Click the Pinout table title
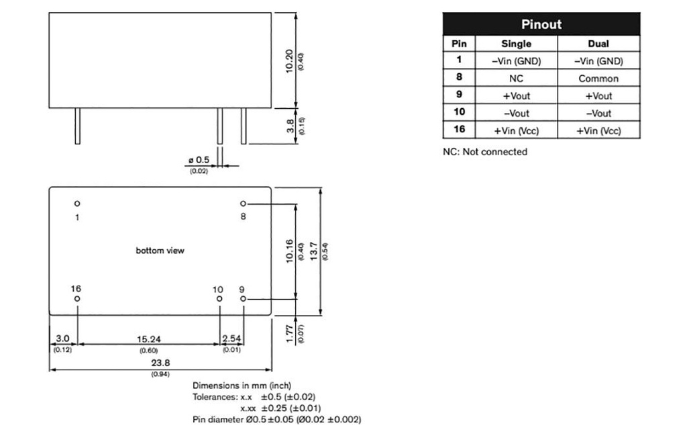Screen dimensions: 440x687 pyautogui.click(x=541, y=24)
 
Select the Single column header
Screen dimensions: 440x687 pyautogui.click(x=516, y=44)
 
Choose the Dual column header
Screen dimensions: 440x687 pyautogui.click(x=598, y=44)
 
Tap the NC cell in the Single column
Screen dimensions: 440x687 pyautogui.click(x=516, y=79)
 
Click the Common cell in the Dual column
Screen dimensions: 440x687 pyautogui.click(x=598, y=79)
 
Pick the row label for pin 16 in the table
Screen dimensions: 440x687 pyautogui.click(x=460, y=130)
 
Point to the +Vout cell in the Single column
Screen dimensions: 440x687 pyautogui.click(x=516, y=95)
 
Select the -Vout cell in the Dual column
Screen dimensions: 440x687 pyautogui.click(x=598, y=113)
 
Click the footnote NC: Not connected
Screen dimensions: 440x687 pyautogui.click(x=485, y=152)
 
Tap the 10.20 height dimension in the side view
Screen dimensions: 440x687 pyautogui.click(x=290, y=61)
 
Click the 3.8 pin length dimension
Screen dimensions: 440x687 pyautogui.click(x=290, y=126)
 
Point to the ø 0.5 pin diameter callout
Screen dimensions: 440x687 pyautogui.click(x=199, y=160)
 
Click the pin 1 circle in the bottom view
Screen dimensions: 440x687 pyautogui.click(x=77, y=203)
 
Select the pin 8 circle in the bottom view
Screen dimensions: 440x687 pyautogui.click(x=243, y=203)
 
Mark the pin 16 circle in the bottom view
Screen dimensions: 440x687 pyautogui.click(x=77, y=298)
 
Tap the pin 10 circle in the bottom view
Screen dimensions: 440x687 pyautogui.click(x=219, y=298)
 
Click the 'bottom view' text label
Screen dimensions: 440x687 pyautogui.click(x=160, y=251)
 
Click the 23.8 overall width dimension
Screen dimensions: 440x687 pyautogui.click(x=160, y=363)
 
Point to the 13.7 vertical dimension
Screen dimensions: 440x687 pyautogui.click(x=314, y=251)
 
